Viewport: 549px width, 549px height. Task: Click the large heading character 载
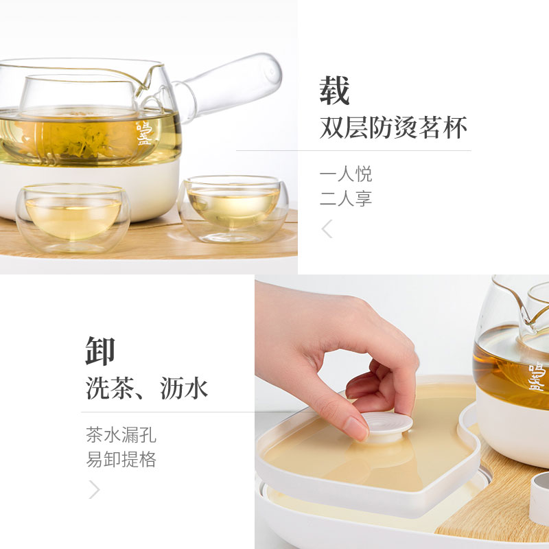pos(334,91)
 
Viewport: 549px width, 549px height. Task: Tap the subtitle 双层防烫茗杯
pos(393,128)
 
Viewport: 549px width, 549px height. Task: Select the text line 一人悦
pos(346,174)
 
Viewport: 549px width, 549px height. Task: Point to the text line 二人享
pos(346,198)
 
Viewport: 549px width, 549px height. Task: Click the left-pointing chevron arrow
pos(327,229)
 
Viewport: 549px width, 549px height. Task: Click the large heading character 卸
pos(100,351)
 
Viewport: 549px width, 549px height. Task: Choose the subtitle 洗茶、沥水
pos(147,388)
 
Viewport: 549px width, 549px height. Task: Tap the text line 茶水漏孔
pos(121,435)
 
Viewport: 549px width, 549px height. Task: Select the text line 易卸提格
pos(121,459)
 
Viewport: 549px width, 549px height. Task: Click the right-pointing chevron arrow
pos(95,489)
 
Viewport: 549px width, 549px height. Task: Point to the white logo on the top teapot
pos(144,133)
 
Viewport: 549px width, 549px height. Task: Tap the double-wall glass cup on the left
pos(73,218)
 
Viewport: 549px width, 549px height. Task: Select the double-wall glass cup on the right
pos(233,209)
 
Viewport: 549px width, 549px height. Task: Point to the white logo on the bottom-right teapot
pos(537,377)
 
